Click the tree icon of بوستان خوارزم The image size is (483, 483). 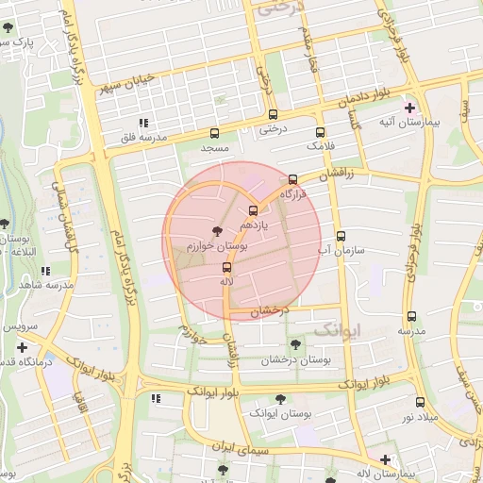point(219,230)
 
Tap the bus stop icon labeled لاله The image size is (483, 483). point(225,267)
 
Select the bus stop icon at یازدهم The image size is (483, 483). point(252,210)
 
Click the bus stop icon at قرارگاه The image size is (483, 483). point(292,178)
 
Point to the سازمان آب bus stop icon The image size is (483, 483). point(341,236)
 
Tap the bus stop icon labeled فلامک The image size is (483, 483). point(320,132)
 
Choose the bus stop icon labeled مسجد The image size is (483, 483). point(214,133)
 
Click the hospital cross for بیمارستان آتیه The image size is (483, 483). point(409,108)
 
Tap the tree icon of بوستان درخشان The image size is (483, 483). point(297,344)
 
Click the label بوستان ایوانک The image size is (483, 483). point(275,413)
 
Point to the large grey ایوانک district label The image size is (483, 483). point(337,328)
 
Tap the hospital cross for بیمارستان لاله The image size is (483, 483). point(384,459)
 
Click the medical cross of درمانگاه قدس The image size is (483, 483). point(22,347)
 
